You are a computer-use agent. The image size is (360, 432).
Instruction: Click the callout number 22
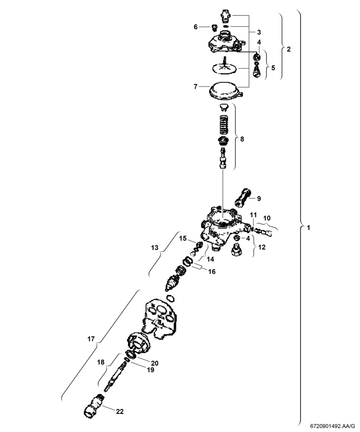tap(120, 411)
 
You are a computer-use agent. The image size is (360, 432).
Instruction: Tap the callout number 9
tap(259, 199)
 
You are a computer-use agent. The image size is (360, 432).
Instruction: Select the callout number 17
tap(91, 339)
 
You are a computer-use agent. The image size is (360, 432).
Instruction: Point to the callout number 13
tap(155, 248)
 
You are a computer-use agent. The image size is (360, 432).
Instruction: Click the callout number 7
tap(195, 87)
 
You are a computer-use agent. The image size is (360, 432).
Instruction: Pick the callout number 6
tap(196, 27)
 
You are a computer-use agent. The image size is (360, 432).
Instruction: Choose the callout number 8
tap(242, 139)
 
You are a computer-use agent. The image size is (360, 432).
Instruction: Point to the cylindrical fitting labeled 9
tap(243, 199)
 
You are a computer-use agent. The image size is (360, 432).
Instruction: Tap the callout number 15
tap(183, 238)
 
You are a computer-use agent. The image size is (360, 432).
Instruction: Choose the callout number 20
tap(155, 363)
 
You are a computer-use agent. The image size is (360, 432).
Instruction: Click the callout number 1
tap(308, 228)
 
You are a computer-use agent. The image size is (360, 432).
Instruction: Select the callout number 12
tap(262, 247)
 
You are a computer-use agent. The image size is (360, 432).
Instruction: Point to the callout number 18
tap(101, 362)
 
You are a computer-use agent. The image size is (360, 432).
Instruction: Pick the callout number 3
tap(259, 32)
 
